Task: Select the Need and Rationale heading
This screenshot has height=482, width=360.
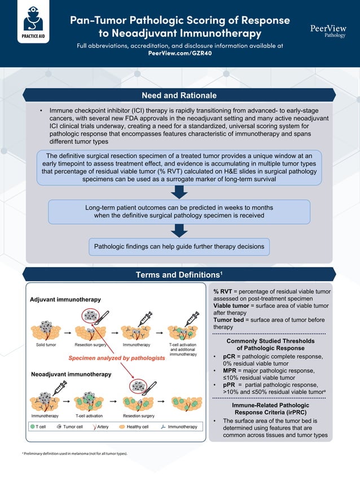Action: coord(179,95)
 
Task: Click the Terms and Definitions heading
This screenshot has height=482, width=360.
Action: coord(179,275)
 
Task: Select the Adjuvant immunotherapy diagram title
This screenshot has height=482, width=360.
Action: coord(65,299)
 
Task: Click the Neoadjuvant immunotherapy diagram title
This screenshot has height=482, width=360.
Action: coord(71,374)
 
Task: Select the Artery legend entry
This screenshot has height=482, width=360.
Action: coord(99,427)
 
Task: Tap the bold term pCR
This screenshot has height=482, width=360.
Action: coord(230,357)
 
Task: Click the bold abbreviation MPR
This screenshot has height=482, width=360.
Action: coord(230,371)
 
